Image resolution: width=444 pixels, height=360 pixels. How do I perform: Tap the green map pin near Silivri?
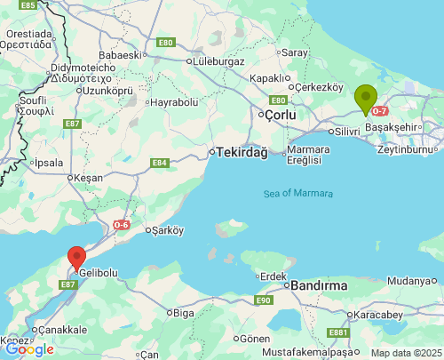point(365,97)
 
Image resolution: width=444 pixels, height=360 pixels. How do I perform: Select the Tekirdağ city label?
point(242,152)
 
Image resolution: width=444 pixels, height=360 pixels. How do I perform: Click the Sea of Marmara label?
point(299,194)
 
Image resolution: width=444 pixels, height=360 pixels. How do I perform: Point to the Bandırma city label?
point(319,285)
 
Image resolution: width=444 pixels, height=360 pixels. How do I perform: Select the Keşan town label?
point(89,178)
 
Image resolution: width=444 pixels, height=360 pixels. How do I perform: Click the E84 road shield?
point(160,163)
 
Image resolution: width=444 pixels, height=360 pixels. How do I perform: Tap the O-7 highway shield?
point(380,111)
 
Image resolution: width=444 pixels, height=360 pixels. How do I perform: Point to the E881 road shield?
point(337,332)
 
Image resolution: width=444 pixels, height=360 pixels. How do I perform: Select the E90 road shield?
point(263,300)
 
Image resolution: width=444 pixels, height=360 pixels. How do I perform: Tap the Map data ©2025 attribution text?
point(406,353)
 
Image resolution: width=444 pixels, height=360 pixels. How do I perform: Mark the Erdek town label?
point(274,276)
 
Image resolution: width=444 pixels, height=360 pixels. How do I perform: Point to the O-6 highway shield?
point(122,225)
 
